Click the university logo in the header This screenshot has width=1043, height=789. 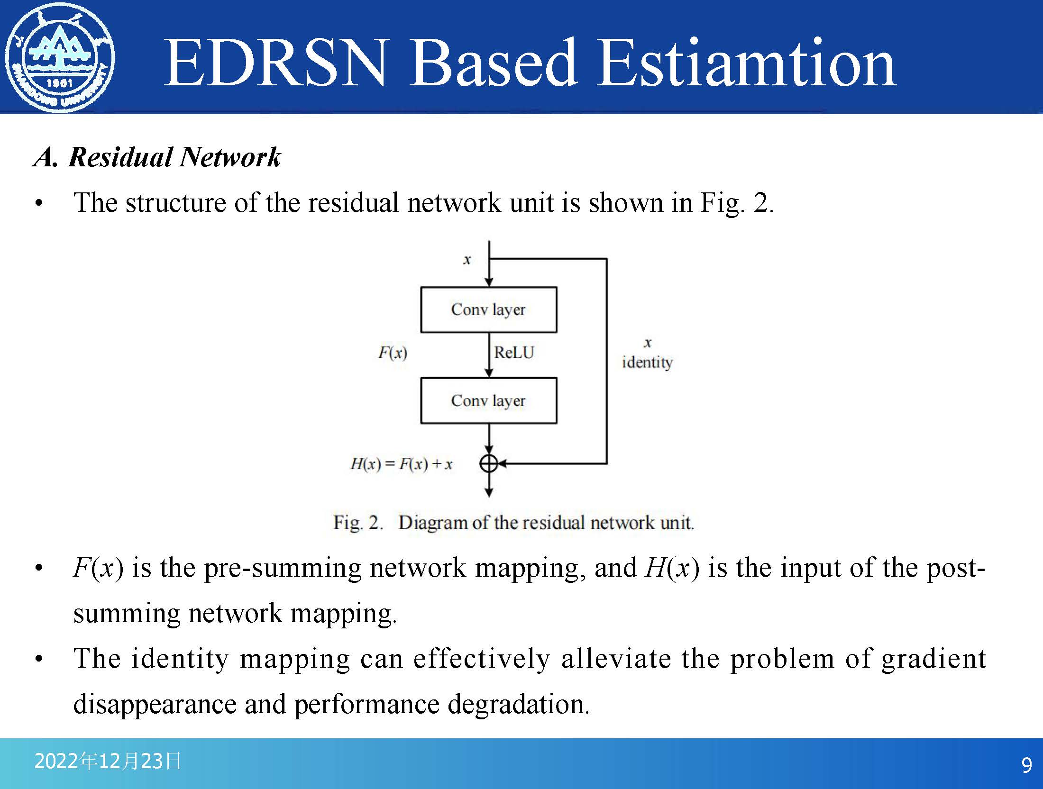pos(59,58)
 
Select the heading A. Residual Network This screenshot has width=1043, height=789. pos(157,157)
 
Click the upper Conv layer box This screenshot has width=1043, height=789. pos(489,309)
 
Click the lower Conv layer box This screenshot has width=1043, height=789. pos(489,400)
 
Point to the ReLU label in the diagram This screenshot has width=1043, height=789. pos(514,352)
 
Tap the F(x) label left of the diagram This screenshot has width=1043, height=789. pos(393,353)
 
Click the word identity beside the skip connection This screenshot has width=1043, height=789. pos(647,363)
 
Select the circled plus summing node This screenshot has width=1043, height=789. pos(489,463)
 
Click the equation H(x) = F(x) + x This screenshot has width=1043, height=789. pos(402,463)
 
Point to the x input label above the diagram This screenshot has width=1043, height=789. pos(467,260)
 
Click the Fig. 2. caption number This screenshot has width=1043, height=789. pos(358,522)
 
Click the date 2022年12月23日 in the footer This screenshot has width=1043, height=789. pos(108,761)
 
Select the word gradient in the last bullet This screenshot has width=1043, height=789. pos(933,659)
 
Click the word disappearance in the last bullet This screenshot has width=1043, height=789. pos(155,704)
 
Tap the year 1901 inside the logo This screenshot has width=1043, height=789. pos(59,83)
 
